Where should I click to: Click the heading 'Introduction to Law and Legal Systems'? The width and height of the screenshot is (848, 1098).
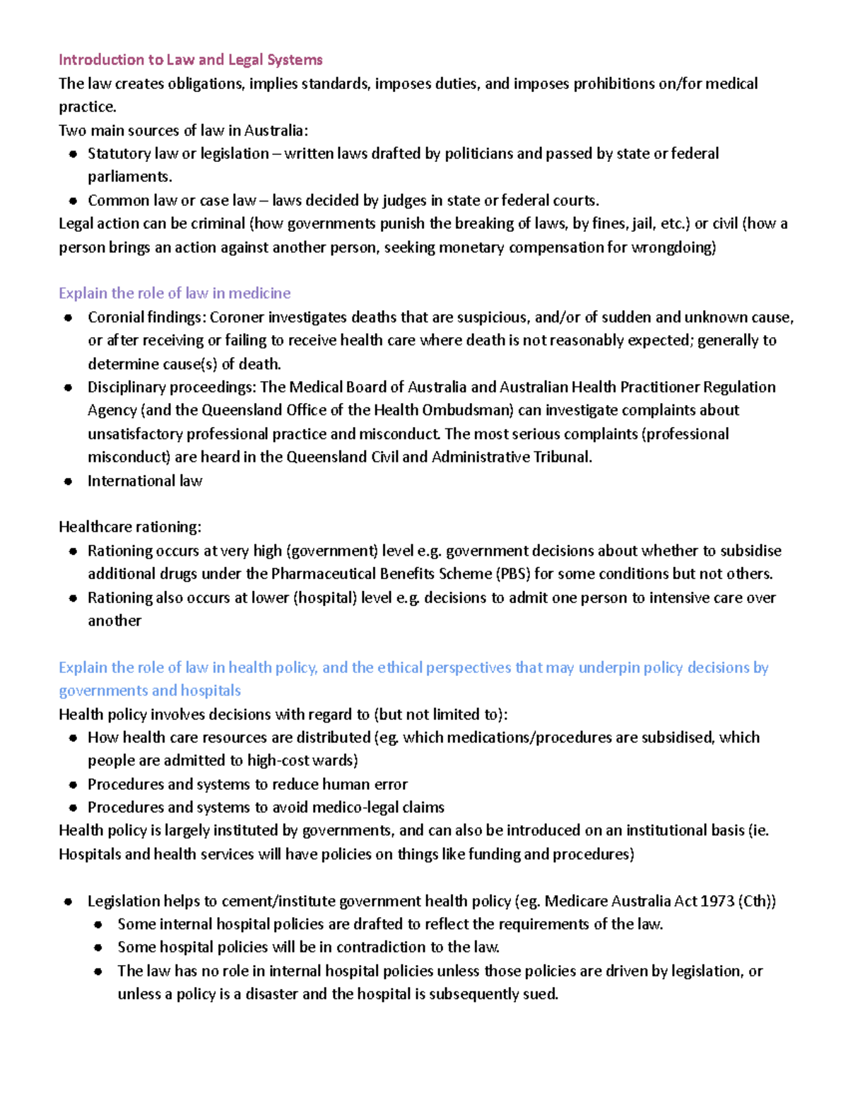point(190,60)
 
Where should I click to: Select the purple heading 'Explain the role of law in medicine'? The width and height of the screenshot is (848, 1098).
point(175,293)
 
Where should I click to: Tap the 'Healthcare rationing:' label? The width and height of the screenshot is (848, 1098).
point(130,527)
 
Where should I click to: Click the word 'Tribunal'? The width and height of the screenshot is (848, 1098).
point(562,457)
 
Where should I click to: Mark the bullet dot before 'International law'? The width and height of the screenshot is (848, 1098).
point(68,482)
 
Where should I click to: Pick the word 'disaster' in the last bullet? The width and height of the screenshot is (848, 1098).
point(271,994)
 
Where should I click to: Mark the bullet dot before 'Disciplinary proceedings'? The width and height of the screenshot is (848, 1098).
point(68,388)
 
